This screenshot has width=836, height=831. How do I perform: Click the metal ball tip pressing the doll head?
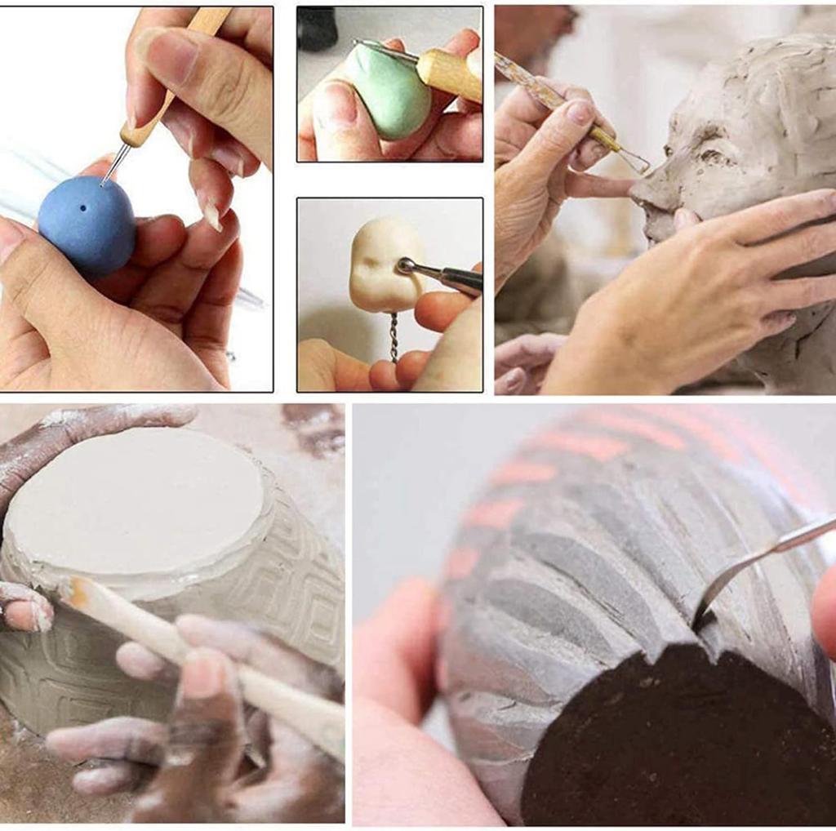(404, 265)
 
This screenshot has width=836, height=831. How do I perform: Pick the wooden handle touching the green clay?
(449, 73)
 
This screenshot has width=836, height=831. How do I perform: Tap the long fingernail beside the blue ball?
(211, 216)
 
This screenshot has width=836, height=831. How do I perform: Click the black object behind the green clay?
(317, 29)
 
